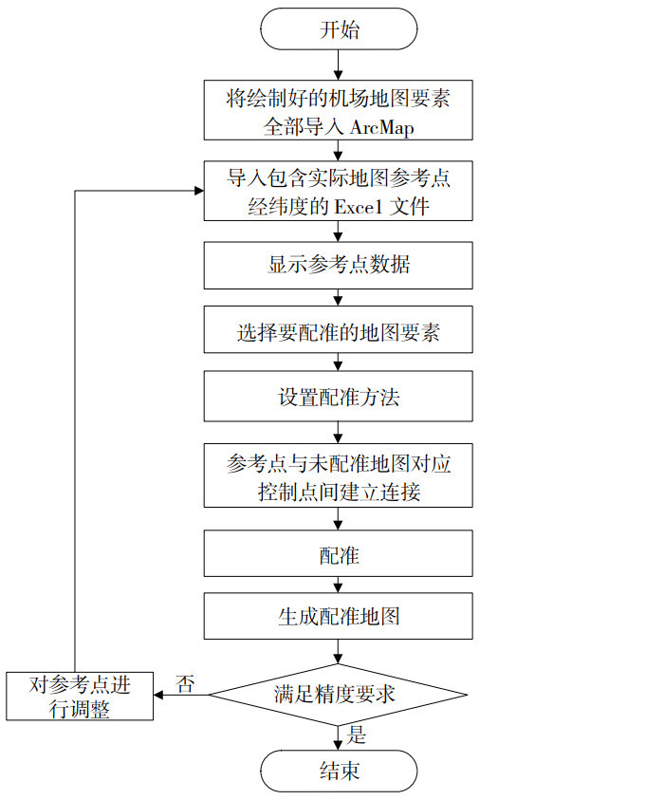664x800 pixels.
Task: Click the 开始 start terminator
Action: [339, 29]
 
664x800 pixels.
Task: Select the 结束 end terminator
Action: [339, 770]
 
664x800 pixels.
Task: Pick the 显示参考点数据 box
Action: [339, 266]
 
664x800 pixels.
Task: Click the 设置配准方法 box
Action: [339, 396]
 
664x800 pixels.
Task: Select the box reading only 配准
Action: [339, 554]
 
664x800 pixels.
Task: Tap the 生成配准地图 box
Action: [339, 617]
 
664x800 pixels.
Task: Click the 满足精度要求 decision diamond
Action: [339, 694]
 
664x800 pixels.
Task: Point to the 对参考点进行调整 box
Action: [80, 696]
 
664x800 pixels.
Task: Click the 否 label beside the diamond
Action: [186, 683]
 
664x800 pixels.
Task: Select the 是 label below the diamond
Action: [358, 735]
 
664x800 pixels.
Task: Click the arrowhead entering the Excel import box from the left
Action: [198, 191]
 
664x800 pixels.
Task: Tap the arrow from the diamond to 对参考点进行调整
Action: [180, 695]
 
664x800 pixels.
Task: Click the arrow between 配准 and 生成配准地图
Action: [339, 585]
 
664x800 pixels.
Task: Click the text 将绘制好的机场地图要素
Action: [339, 99]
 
